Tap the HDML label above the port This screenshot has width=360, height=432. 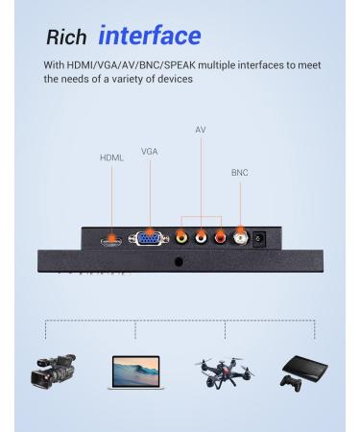112,156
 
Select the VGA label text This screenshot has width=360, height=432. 150,151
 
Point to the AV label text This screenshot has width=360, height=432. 200,129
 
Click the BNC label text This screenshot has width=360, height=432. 239,173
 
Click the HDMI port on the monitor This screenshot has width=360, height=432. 112,235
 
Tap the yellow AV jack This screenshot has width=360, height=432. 181,236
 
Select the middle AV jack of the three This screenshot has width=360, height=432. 201,236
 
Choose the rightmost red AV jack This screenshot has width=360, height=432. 220,236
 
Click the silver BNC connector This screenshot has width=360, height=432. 240,236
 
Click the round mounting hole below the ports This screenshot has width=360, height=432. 179,259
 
